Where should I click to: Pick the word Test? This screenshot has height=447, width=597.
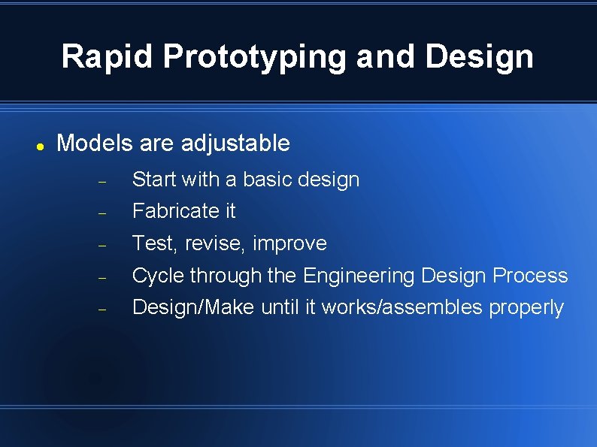pos(148,243)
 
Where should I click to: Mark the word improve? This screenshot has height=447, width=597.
pos(289,244)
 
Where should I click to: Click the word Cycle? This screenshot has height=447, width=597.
pos(158,276)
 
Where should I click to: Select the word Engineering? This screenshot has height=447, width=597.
pos(359,276)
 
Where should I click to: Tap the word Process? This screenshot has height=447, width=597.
pos(530,276)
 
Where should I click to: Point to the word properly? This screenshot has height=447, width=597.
pos(526,308)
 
